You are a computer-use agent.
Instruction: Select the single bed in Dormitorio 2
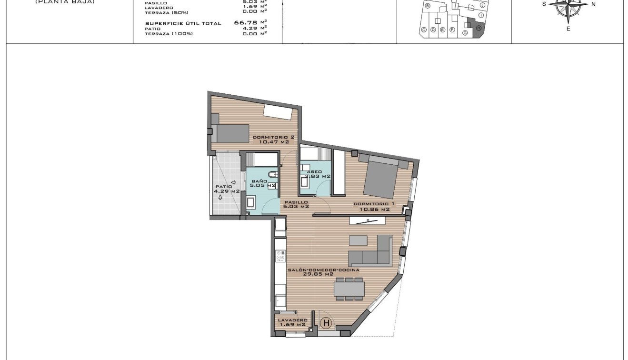click(x=230, y=133)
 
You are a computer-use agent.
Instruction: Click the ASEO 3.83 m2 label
click(x=314, y=174)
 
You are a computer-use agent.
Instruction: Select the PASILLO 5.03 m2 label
click(x=297, y=204)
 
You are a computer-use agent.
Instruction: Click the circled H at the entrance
click(x=326, y=323)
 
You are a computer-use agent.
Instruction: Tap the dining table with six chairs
click(x=349, y=289)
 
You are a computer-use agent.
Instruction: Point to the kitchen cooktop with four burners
click(x=280, y=256)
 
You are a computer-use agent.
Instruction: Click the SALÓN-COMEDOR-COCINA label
click(x=323, y=272)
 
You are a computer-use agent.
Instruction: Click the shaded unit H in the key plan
click(x=478, y=28)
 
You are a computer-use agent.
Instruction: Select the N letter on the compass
click(x=593, y=4)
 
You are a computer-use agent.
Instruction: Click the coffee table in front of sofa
click(x=358, y=240)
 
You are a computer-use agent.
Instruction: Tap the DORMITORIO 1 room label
click(x=371, y=207)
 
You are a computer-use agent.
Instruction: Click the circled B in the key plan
click(x=428, y=6)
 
